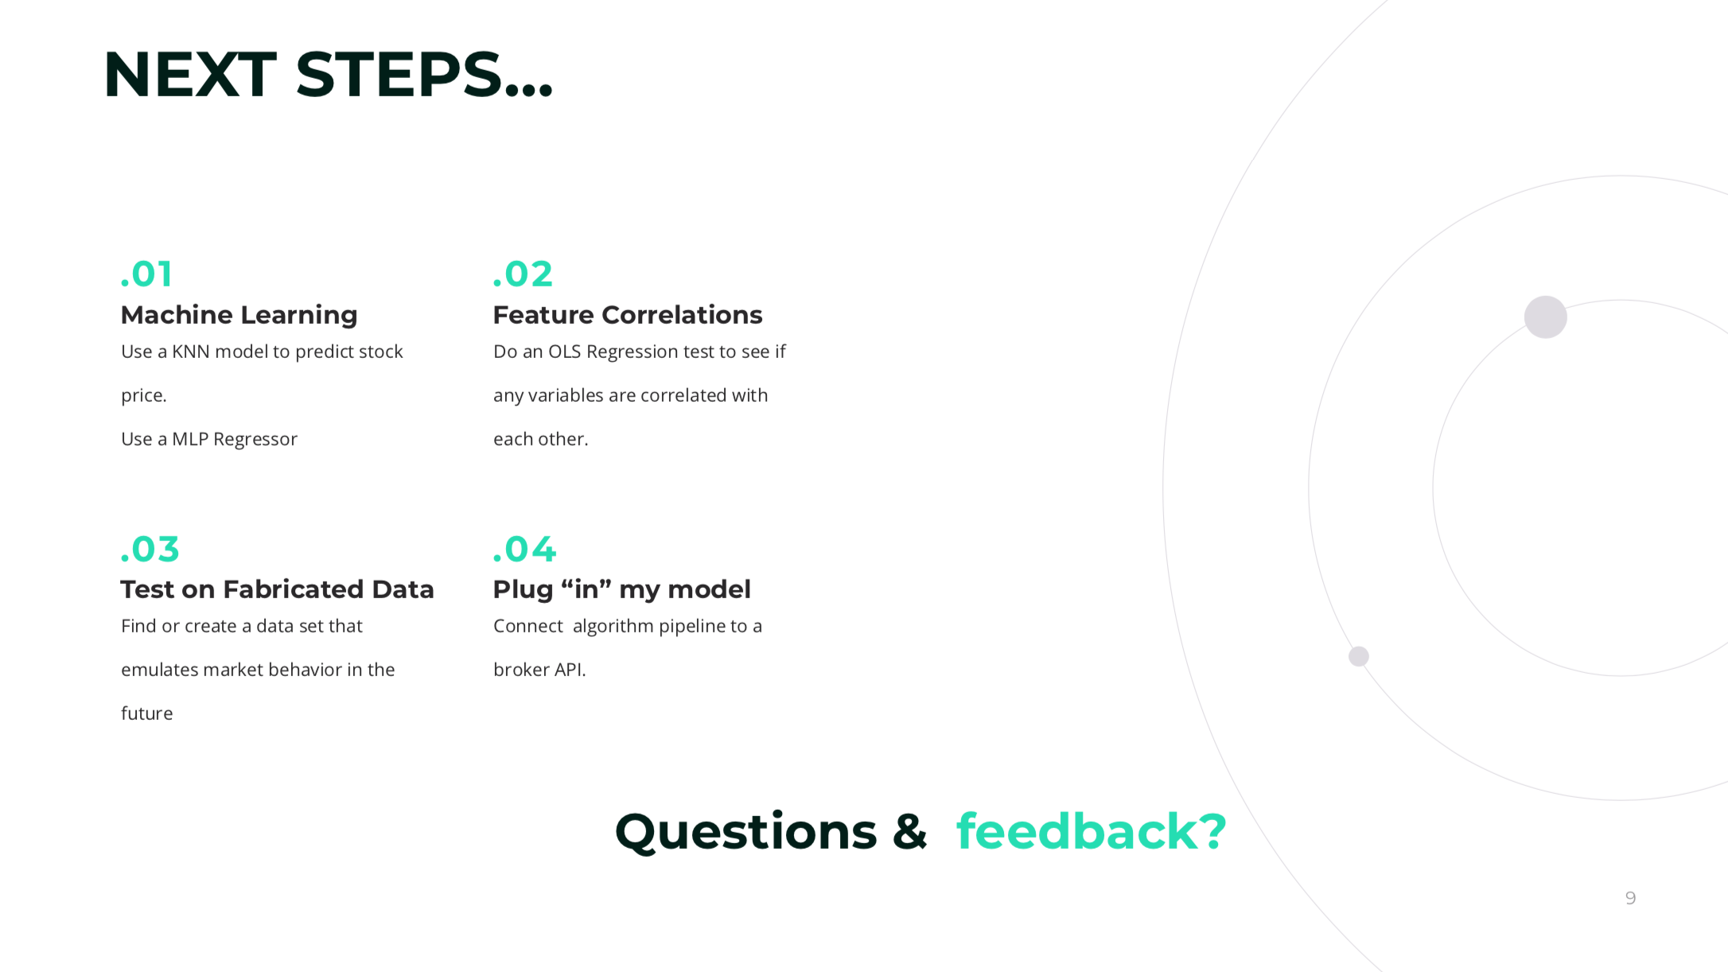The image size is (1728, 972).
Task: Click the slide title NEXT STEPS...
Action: click(x=328, y=75)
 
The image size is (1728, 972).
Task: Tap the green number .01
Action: click(x=146, y=274)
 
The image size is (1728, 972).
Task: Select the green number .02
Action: click(x=522, y=274)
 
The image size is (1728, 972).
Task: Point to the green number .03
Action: click(x=150, y=549)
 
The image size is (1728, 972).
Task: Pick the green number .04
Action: click(x=524, y=549)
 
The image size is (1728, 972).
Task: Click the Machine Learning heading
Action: click(x=239, y=315)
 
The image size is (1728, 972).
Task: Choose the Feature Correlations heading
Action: click(x=628, y=315)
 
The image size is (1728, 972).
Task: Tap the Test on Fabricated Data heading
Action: click(x=277, y=589)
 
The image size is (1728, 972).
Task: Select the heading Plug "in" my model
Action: click(x=621, y=589)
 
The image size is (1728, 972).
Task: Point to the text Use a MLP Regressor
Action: click(x=209, y=439)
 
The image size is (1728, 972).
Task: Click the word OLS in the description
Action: click(x=564, y=352)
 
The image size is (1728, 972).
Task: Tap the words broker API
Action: click(x=539, y=670)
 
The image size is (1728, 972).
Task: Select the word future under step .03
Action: click(x=146, y=713)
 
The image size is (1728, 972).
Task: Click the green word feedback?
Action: click(x=1092, y=831)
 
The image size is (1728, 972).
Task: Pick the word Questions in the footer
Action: click(x=745, y=833)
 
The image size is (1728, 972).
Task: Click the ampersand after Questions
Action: click(x=910, y=831)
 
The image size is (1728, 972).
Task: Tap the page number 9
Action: click(x=1630, y=898)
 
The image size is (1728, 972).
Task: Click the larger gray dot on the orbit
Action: click(x=1546, y=317)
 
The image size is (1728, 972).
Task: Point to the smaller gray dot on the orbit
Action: click(x=1359, y=656)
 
